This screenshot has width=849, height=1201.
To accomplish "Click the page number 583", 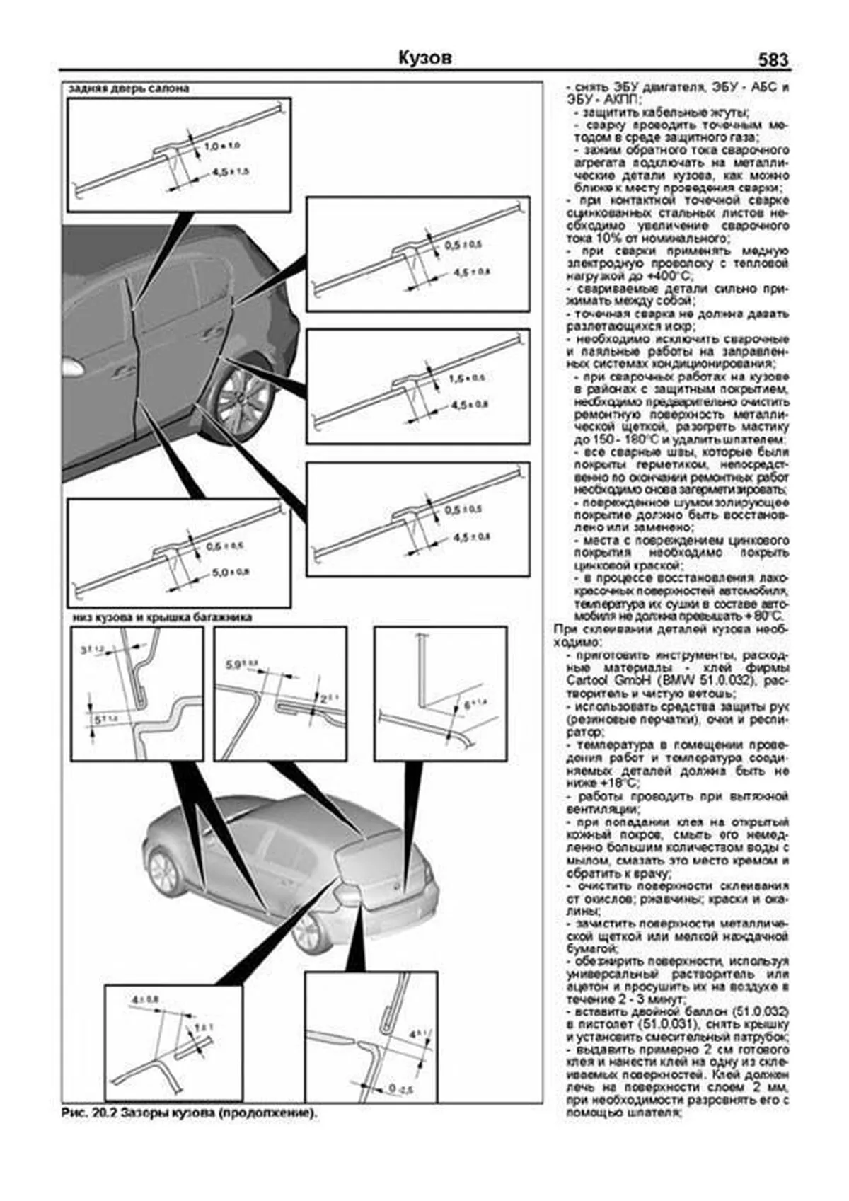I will (773, 60).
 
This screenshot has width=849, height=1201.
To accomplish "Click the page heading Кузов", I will (424, 58).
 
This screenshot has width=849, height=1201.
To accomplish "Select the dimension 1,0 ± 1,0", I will (221, 146).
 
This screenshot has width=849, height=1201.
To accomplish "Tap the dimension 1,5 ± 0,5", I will (467, 379).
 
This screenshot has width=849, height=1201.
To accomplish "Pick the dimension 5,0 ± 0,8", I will (230, 572).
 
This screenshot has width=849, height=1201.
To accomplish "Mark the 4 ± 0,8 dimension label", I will (145, 999).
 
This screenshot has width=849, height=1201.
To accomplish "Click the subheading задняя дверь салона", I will (128, 89).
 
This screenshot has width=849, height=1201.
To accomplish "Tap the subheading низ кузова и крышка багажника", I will (161, 617).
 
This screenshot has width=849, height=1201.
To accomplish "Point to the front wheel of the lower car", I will (163, 873).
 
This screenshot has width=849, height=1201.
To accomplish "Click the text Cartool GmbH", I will (616, 681).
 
